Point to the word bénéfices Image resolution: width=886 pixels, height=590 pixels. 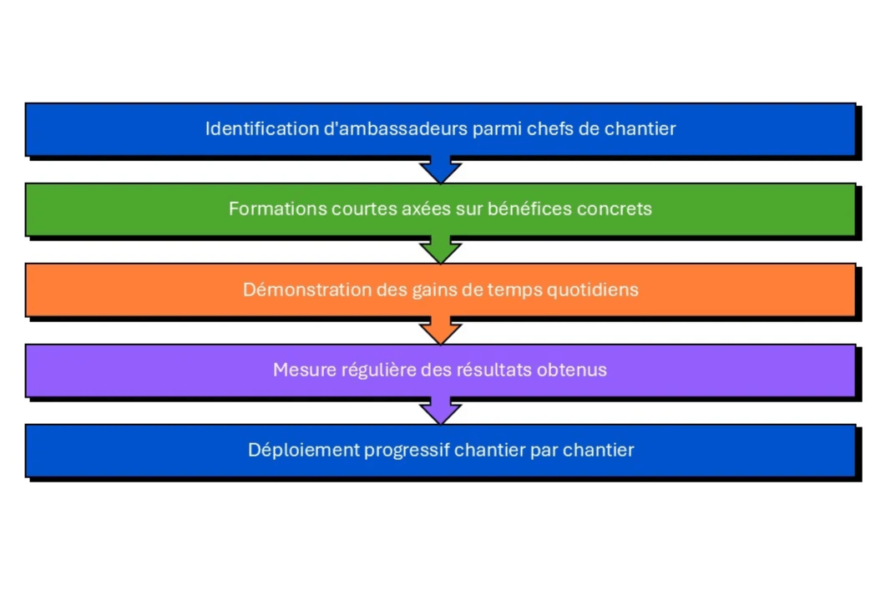(x=524, y=209)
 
